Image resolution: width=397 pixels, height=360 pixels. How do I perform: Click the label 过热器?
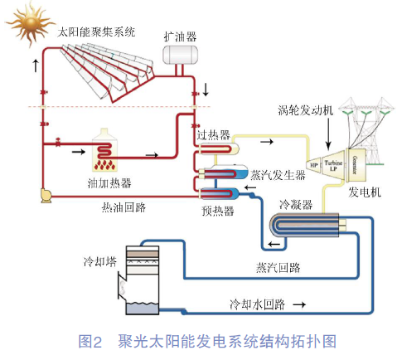tap(212, 133)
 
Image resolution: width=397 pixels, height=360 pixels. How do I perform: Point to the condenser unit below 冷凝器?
tap(305, 223)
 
